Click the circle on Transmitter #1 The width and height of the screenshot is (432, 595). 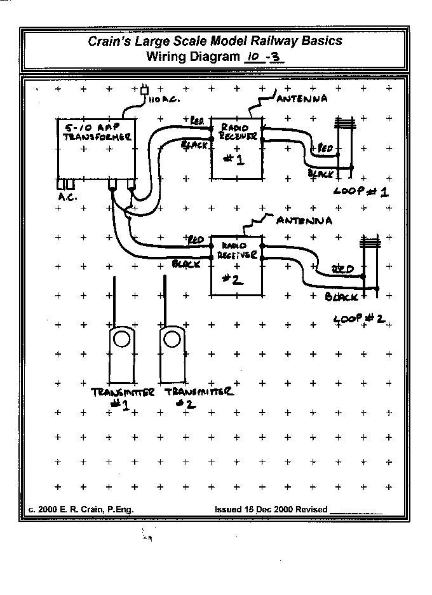(x=121, y=339)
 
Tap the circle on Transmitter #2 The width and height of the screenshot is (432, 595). (x=170, y=339)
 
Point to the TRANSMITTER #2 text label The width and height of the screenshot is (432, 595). (x=199, y=397)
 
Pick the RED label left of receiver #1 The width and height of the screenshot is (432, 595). (x=197, y=121)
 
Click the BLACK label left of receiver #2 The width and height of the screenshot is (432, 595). (x=186, y=263)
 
